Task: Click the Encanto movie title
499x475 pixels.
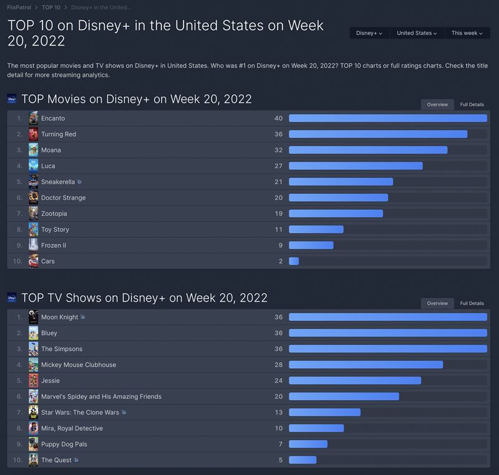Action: pyautogui.click(x=53, y=119)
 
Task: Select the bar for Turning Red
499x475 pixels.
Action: pyautogui.click(x=378, y=134)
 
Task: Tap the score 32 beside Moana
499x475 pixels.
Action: pyautogui.click(x=278, y=150)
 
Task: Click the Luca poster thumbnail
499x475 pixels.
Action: pyautogui.click(x=33, y=166)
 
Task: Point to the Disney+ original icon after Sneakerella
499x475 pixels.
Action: pyautogui.click(x=79, y=182)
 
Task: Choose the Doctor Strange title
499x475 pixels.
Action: pyautogui.click(x=63, y=198)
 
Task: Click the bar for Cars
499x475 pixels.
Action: pyautogui.click(x=294, y=262)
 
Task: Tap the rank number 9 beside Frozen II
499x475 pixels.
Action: pyautogui.click(x=19, y=245)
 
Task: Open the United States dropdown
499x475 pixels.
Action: pyautogui.click(x=417, y=33)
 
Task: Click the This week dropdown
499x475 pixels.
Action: pyautogui.click(x=467, y=33)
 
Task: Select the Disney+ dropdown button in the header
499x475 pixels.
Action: pyautogui.click(x=369, y=33)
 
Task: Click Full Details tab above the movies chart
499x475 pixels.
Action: pyautogui.click(x=472, y=104)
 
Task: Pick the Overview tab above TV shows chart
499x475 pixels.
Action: pyautogui.click(x=437, y=303)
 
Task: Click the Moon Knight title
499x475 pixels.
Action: pyautogui.click(x=59, y=317)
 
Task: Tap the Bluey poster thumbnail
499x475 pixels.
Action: pyautogui.click(x=33, y=333)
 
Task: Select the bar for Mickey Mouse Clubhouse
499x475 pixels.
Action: pyautogui.click(x=366, y=365)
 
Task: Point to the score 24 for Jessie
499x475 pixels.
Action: pyautogui.click(x=278, y=381)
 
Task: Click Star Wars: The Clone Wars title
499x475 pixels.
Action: pyautogui.click(x=80, y=413)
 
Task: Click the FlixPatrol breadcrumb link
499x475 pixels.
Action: pyautogui.click(x=19, y=7)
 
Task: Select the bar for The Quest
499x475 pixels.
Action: pyautogui.click(x=303, y=461)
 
